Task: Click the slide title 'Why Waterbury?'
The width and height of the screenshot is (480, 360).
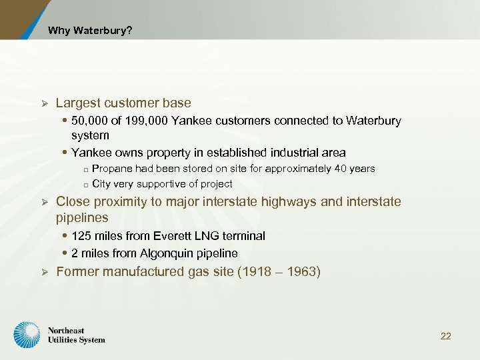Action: click(89, 31)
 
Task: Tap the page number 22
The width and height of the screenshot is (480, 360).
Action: click(445, 336)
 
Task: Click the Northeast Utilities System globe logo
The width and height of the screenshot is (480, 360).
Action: click(28, 335)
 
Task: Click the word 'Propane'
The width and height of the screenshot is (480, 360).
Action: click(111, 169)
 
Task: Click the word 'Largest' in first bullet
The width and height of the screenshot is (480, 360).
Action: click(78, 103)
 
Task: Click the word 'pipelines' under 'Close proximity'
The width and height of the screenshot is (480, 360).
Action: click(82, 218)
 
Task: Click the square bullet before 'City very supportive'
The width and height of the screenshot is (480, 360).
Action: click(86, 185)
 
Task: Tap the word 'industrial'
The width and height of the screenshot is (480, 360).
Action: click(288, 153)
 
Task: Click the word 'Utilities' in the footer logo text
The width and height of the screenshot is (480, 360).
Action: click(63, 340)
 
